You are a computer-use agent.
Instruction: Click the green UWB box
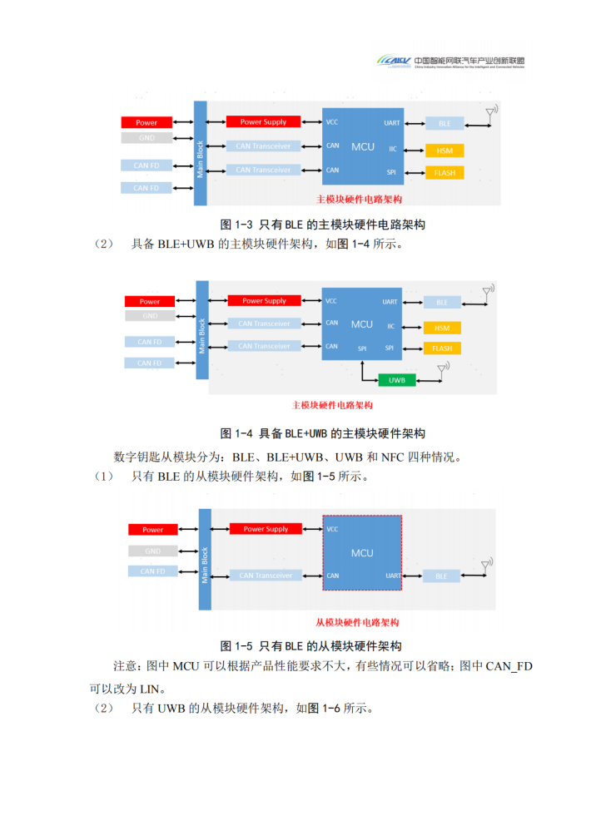tap(396, 380)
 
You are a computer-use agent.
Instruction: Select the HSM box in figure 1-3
tap(444, 151)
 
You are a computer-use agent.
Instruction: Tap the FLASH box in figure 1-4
tap(442, 348)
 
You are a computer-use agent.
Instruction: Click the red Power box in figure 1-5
tap(152, 530)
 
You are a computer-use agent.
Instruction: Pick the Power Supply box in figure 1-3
tap(263, 122)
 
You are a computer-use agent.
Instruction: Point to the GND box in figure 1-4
tap(150, 316)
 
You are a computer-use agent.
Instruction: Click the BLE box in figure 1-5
tap(441, 576)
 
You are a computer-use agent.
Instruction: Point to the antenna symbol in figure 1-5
tap(486, 566)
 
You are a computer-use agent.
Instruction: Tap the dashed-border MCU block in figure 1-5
tap(362, 553)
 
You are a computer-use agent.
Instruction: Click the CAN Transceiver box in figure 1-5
tap(265, 576)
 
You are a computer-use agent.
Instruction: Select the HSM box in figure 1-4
tap(442, 328)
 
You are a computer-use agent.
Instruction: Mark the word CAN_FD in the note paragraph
tap(509, 666)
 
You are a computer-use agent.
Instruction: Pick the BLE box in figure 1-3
tap(444, 124)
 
